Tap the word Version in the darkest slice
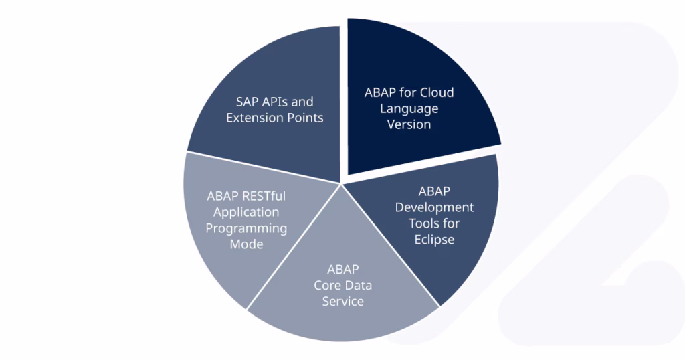tap(409, 124)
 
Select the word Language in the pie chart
tap(409, 109)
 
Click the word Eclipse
tap(434, 240)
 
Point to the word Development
tap(434, 207)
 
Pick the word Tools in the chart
tap(422, 223)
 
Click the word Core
tap(327, 285)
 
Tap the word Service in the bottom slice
tap(343, 302)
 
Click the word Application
tap(246, 212)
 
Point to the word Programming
tap(246, 228)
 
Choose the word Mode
tap(246, 244)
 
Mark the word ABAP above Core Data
tap(343, 269)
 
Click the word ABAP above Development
tap(434, 191)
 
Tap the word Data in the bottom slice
tap(359, 285)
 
